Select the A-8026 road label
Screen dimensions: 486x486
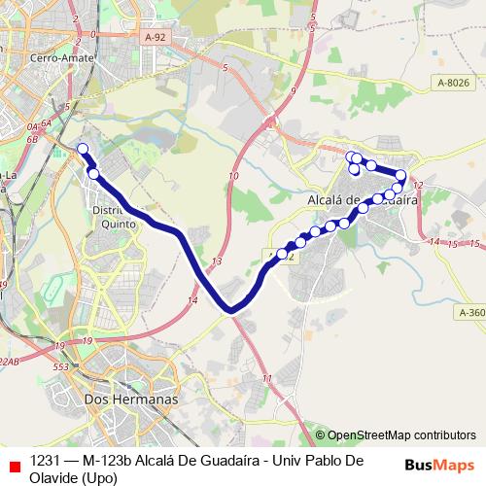click(453, 84)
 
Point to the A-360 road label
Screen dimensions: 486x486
click(469, 312)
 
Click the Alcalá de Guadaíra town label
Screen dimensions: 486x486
click(362, 199)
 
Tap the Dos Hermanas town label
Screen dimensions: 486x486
click(132, 399)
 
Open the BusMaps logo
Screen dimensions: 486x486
click(439, 464)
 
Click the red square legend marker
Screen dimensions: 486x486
click(14, 467)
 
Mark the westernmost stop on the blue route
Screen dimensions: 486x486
click(83, 149)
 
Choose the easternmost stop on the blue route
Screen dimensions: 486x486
click(400, 175)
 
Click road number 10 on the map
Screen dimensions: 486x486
click(233, 176)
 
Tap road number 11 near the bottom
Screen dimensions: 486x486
click(267, 376)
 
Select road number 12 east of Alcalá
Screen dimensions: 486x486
click(419, 184)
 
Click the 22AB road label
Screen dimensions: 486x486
click(9, 361)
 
